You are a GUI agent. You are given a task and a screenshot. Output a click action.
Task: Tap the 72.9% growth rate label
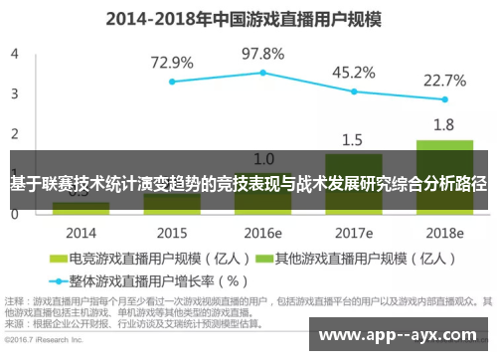tap(172, 62)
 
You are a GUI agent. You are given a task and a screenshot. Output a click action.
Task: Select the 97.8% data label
tap(263, 52)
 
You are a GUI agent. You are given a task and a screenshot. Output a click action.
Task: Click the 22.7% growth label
tap(444, 80)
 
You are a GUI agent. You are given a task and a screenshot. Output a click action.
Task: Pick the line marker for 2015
tap(172, 82)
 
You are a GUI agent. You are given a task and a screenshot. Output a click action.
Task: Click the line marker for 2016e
tap(263, 73)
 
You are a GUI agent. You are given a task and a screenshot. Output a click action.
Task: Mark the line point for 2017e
tap(354, 91)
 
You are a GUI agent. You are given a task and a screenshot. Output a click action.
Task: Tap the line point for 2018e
tap(444, 99)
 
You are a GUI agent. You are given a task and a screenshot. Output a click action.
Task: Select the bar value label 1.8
tap(444, 124)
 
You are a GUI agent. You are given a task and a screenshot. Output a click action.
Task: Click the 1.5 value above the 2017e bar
tap(353, 139)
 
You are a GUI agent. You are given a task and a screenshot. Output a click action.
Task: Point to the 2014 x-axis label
tap(82, 233)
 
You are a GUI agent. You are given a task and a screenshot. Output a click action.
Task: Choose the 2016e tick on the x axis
tap(263, 233)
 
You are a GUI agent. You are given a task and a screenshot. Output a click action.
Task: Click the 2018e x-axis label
tap(444, 233)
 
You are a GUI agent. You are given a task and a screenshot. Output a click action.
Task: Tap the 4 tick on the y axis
tap(15, 54)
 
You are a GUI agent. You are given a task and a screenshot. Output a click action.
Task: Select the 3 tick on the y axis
tap(15, 93)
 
